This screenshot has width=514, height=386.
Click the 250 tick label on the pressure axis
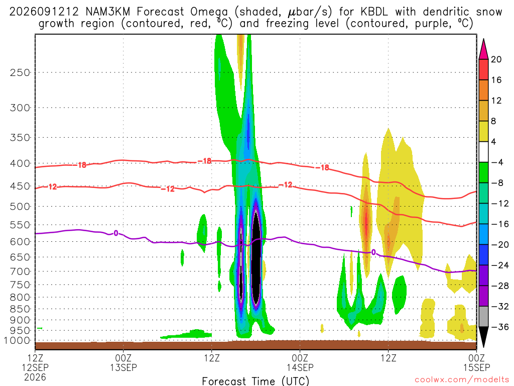click(x=20, y=72)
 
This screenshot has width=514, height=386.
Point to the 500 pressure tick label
click(x=20, y=207)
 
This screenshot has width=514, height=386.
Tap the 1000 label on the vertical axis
click(x=17, y=341)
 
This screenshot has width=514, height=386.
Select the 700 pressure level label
click(x=20, y=271)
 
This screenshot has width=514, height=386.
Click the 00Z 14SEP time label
click(x=300, y=362)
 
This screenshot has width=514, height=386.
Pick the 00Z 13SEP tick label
click(x=123, y=362)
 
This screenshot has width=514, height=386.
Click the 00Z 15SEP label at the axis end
click(x=477, y=362)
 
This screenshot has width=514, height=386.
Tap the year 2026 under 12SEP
click(x=35, y=377)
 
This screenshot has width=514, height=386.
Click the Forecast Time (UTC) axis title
click(x=255, y=381)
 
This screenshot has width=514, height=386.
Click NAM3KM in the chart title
click(x=107, y=12)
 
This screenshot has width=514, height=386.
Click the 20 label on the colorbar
click(x=496, y=59)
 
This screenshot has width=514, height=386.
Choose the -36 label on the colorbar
click(x=499, y=327)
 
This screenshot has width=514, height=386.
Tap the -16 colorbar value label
click(x=499, y=224)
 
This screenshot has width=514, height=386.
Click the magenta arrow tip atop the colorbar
click(x=483, y=39)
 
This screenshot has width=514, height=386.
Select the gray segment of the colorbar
click(x=483, y=317)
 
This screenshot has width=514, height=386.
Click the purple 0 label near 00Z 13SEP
click(x=116, y=233)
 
